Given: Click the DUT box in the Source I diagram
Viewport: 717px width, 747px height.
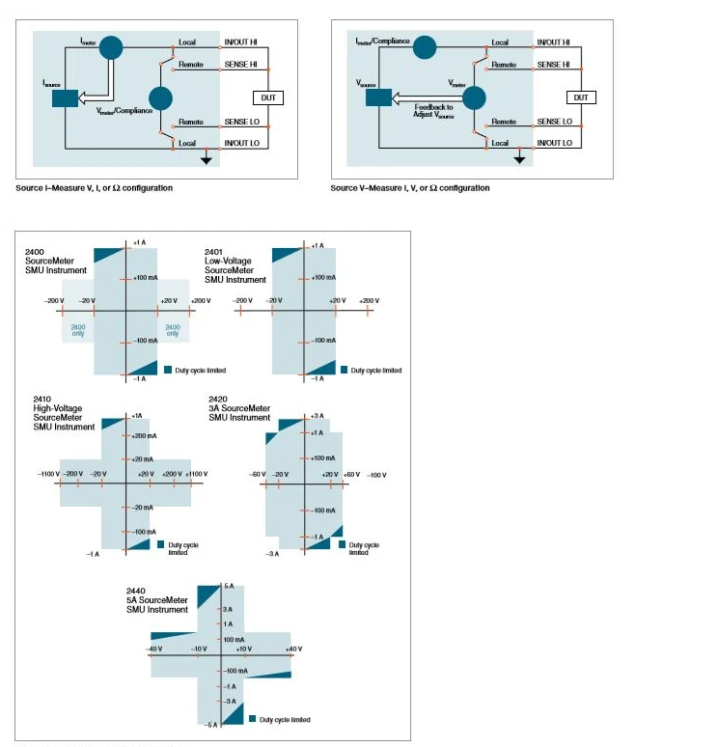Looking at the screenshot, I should tap(267, 97).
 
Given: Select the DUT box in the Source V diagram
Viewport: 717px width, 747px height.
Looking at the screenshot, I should tap(581, 97).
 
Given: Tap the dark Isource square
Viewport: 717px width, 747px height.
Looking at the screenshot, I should tap(65, 98).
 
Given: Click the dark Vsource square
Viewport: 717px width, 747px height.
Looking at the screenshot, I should tap(378, 97).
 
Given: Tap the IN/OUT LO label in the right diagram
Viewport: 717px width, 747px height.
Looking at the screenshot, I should tap(554, 143).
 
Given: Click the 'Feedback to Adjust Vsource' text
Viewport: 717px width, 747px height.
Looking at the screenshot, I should tap(433, 110).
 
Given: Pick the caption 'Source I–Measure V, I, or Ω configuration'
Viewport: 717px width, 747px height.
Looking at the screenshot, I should tap(95, 188).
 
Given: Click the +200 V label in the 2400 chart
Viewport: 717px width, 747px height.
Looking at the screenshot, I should tap(200, 301).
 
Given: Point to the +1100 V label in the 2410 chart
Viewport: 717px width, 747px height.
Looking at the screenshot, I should tap(196, 474).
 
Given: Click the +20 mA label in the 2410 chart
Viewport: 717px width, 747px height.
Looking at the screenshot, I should tap(143, 459).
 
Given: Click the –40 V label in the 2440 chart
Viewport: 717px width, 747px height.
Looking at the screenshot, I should tap(154, 649).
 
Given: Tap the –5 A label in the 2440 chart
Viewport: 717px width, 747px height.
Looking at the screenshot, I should tap(213, 724).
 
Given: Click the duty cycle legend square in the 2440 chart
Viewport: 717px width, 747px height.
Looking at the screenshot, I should tap(252, 719).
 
